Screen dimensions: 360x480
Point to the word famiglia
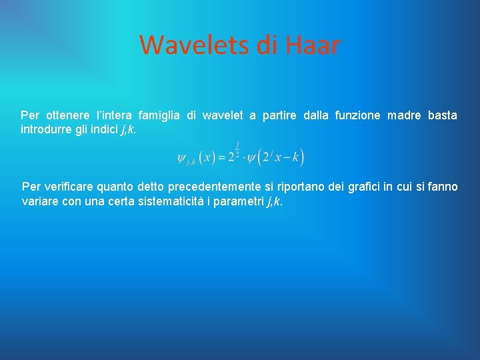pos(159,115)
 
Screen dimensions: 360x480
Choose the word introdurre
pos(46,129)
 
